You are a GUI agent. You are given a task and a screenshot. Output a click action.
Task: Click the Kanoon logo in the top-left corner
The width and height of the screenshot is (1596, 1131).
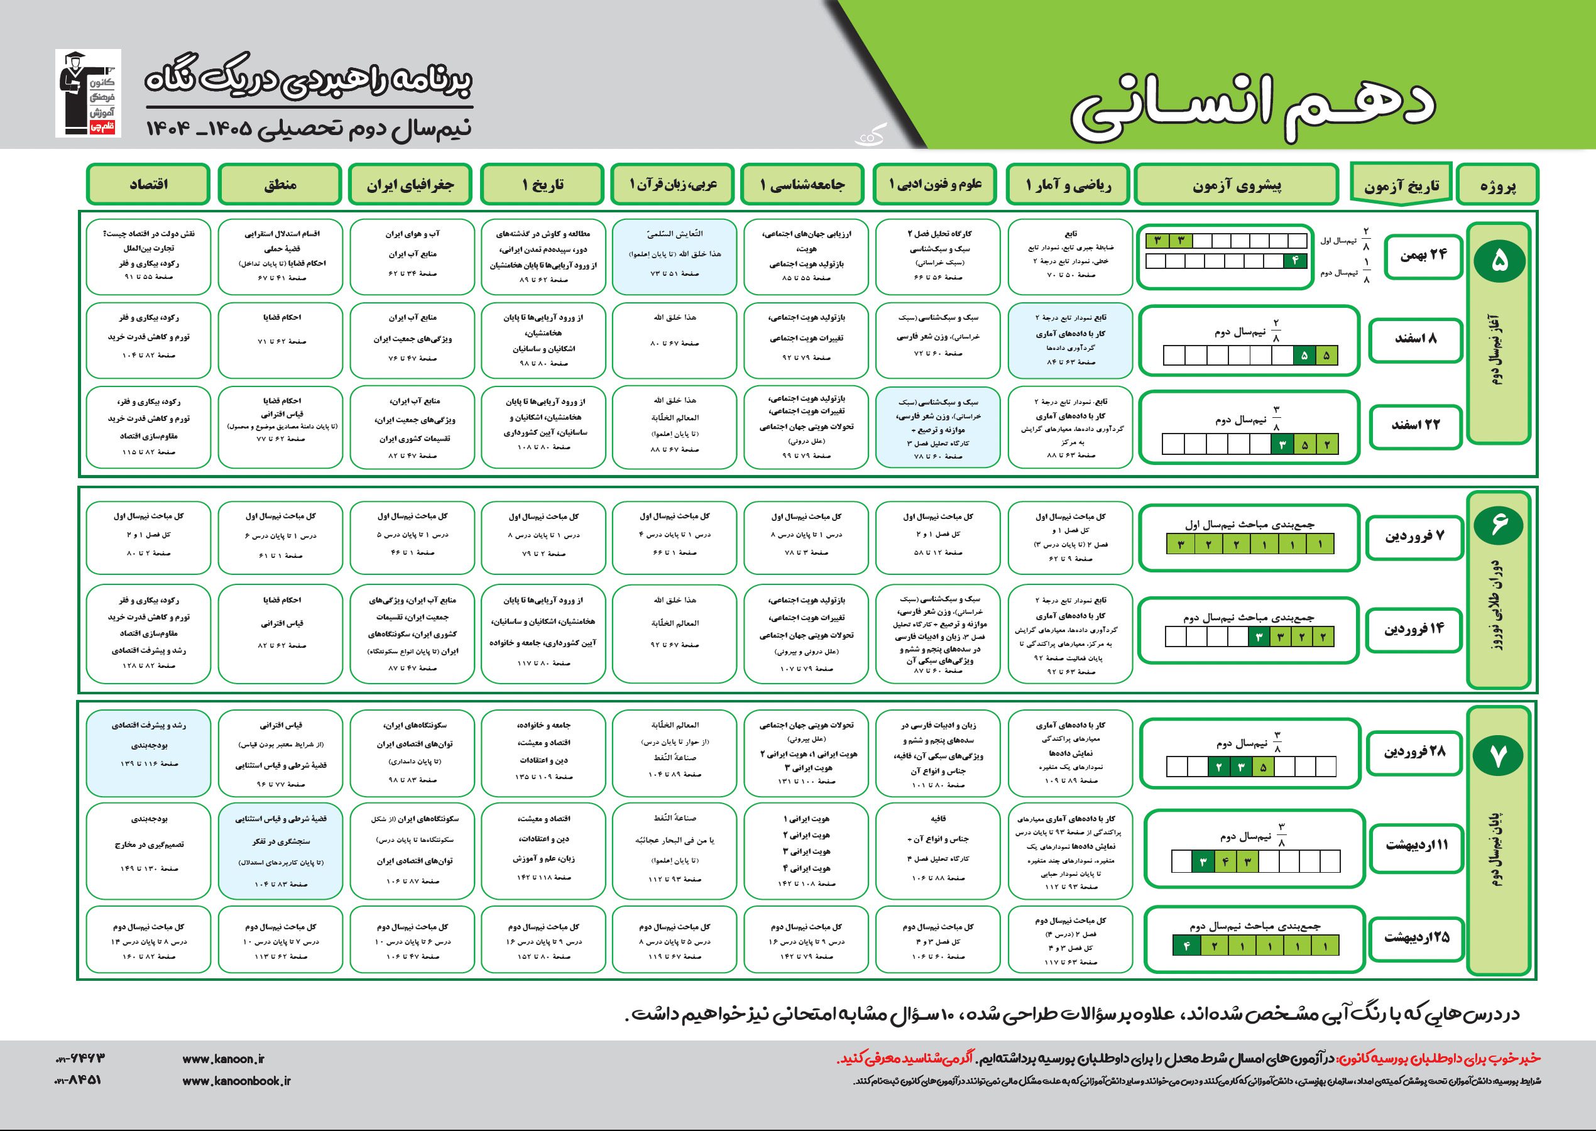point(88,94)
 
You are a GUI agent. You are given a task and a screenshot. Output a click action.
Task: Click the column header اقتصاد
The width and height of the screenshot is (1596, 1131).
point(148,185)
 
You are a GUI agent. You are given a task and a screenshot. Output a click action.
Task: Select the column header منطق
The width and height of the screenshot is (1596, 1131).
point(280,185)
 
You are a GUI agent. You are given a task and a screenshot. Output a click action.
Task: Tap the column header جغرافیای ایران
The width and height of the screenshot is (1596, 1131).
point(411,185)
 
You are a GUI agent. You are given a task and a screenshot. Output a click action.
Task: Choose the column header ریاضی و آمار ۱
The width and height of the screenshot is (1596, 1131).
point(1069,185)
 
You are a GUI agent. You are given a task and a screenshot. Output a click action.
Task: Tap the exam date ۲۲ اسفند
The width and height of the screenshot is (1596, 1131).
point(1415,425)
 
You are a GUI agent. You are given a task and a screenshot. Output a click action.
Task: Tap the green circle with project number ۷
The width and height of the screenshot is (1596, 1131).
point(1498,757)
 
